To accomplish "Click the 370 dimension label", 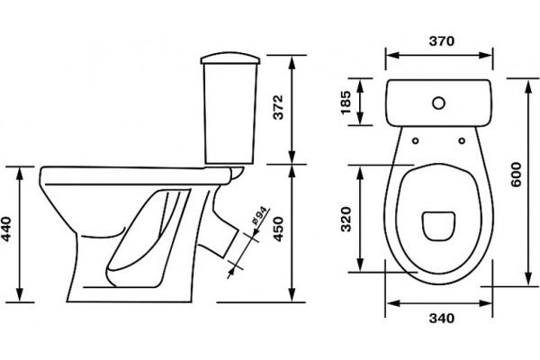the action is tap(442, 41).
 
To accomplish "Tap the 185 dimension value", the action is tap(345, 102).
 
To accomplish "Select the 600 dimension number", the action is tap(516, 175).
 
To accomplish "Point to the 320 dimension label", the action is tap(345, 219).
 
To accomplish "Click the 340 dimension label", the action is tap(442, 318).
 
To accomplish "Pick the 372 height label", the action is tap(277, 107).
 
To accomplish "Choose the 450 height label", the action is tap(277, 229).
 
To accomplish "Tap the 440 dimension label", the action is tap(6, 229).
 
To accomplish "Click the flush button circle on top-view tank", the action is tap(438, 103).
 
